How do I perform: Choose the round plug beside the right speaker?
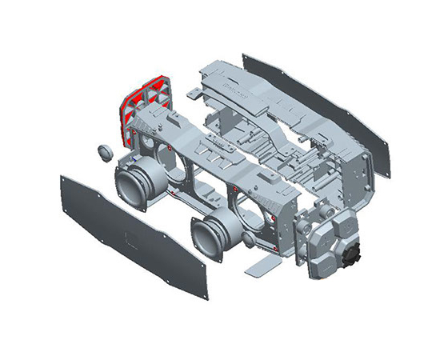[248, 241]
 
